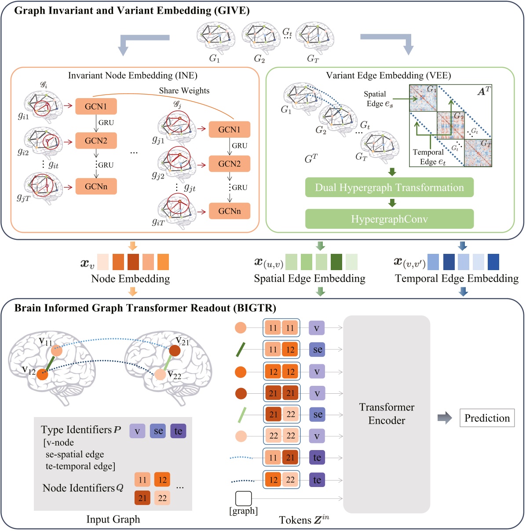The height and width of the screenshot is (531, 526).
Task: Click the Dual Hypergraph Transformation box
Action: pos(389,188)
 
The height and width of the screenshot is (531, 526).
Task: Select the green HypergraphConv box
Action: pos(389,219)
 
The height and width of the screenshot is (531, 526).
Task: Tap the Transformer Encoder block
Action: pos(386,414)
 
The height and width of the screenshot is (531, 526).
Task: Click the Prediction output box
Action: pos(487,418)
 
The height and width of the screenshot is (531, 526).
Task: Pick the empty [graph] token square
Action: pos(244,498)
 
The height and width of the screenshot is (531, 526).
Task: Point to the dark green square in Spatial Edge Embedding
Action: pos(336,262)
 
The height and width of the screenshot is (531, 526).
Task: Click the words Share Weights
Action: pos(184,91)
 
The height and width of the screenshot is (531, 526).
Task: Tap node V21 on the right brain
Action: pos(175,351)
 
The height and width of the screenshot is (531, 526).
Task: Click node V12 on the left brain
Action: pos(42,375)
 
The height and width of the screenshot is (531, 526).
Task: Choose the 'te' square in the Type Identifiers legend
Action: pos(178,431)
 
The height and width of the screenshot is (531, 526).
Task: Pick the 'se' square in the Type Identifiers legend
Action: pos(158,431)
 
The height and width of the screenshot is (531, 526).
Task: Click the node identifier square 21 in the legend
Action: pos(142,498)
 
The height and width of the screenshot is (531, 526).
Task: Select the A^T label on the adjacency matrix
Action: pos(484,92)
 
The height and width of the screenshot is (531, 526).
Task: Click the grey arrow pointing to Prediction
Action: pos(445,418)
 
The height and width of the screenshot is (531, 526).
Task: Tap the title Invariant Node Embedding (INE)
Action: pos(132,76)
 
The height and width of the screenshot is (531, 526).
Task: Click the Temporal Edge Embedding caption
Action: pos(457,278)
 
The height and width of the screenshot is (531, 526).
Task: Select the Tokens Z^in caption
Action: pos(304,520)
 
